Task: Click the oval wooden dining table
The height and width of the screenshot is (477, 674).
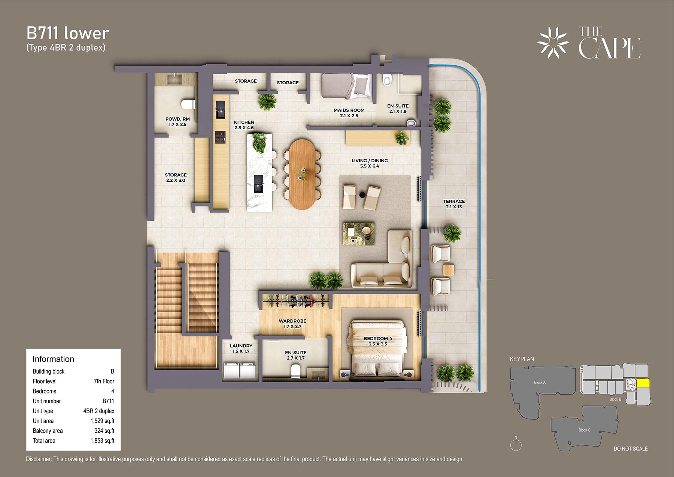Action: (x=303, y=174)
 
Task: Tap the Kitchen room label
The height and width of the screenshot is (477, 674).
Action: (x=244, y=125)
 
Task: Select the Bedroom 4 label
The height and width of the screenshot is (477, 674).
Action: (x=378, y=341)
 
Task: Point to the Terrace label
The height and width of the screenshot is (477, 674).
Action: (x=454, y=204)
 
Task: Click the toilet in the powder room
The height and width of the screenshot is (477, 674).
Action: (x=188, y=104)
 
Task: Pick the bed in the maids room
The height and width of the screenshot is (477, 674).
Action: (x=347, y=86)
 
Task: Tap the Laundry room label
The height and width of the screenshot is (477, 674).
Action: (x=241, y=348)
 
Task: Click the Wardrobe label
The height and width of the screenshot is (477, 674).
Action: (x=292, y=323)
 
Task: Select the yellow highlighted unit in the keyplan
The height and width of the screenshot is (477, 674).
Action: (x=643, y=383)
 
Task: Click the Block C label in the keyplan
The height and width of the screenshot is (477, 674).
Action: (x=585, y=430)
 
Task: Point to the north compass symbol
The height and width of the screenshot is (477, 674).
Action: (x=516, y=444)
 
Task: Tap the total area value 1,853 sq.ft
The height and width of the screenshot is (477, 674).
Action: (x=102, y=441)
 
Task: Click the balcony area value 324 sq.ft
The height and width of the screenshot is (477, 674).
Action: (x=104, y=431)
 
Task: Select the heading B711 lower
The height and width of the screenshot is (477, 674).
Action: (x=68, y=33)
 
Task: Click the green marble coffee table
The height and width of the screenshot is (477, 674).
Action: (x=359, y=234)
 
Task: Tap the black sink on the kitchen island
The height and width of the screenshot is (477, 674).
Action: (x=258, y=184)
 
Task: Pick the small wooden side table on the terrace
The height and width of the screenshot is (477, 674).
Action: (x=449, y=269)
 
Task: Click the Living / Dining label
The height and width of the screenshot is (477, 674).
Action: (x=370, y=163)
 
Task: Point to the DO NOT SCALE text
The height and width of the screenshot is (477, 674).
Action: (x=631, y=449)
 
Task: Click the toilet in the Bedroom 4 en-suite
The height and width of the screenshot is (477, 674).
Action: (x=296, y=371)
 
